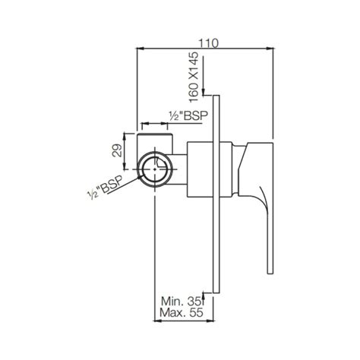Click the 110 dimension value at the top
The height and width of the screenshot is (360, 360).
pos(206,44)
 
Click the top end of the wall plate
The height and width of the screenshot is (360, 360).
pos(219,96)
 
